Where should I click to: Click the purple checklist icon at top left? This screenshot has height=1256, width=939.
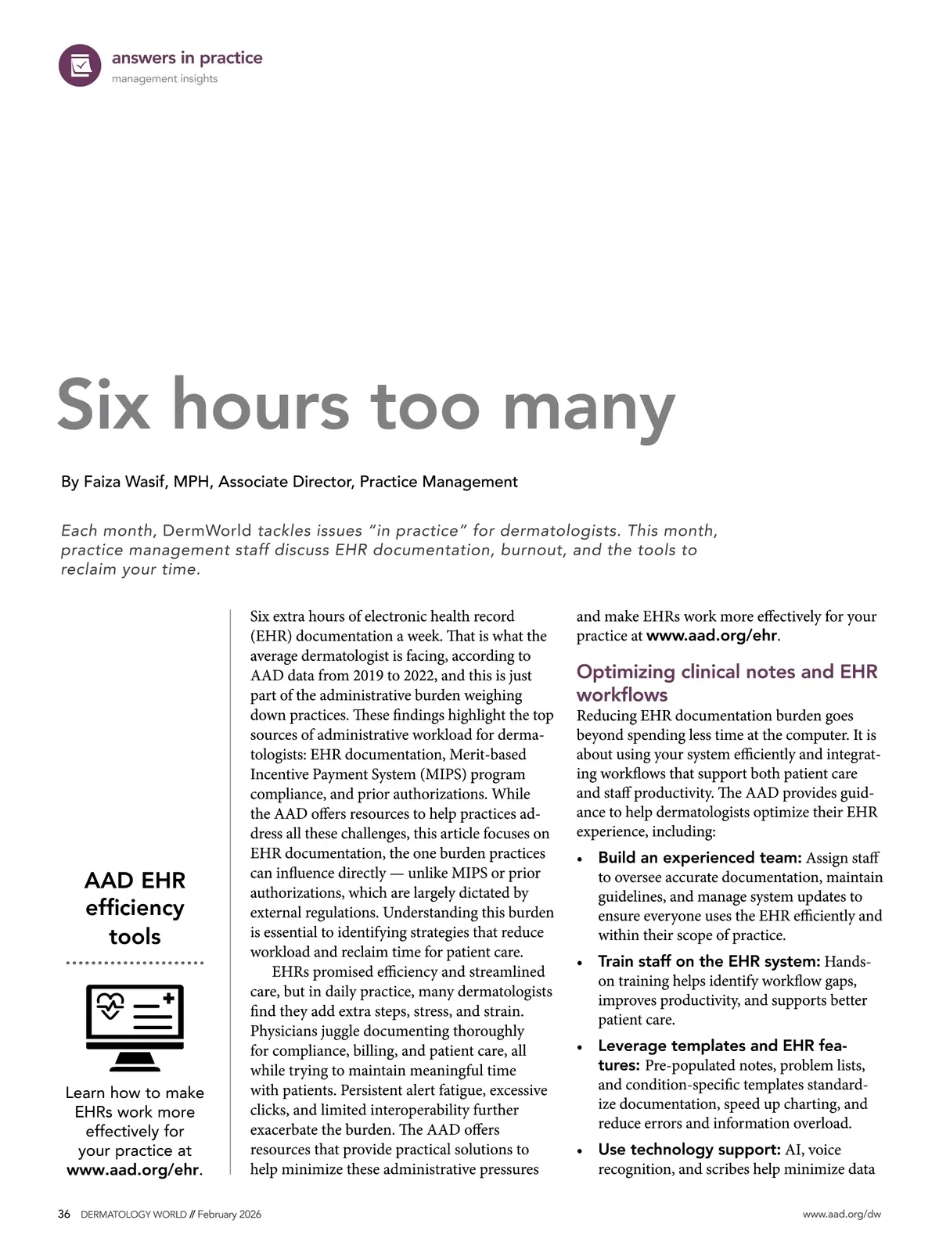click(x=80, y=66)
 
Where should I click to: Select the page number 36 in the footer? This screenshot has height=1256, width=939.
click(x=64, y=1215)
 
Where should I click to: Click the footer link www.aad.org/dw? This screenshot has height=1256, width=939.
click(x=841, y=1215)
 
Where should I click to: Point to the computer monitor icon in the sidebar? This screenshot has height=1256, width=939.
click(x=135, y=1027)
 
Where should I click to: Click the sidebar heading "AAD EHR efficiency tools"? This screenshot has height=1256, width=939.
click(x=135, y=908)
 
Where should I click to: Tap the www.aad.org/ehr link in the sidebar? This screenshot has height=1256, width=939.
click(x=132, y=1170)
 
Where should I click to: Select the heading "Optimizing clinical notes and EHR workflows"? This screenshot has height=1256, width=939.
click(x=727, y=683)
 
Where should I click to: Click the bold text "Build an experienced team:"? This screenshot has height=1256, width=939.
click(x=700, y=858)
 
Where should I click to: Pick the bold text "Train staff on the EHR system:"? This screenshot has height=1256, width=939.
click(x=709, y=961)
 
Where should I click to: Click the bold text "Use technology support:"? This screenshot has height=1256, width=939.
click(x=689, y=1150)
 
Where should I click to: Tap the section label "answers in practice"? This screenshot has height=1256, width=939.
click(x=187, y=58)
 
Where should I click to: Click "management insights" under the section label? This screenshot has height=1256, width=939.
click(x=164, y=79)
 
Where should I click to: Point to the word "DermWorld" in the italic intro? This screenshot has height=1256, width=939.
click(x=207, y=531)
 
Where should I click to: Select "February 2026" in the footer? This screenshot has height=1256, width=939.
click(x=229, y=1215)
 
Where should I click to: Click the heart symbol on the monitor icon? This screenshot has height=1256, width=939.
click(x=110, y=1004)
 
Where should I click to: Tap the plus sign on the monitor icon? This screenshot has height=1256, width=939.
click(x=169, y=998)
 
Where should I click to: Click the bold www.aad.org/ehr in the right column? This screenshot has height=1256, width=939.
click(x=711, y=636)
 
